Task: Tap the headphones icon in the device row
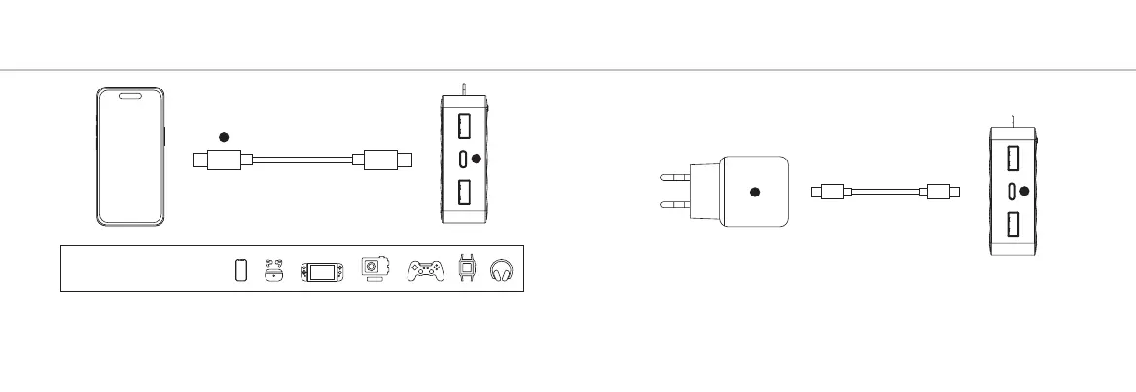[x=503, y=269]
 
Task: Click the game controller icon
[x=426, y=270]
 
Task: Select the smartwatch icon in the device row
[x=468, y=268]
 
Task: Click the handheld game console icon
[x=319, y=270]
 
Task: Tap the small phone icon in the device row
[x=242, y=269]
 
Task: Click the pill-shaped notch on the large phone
[x=130, y=96]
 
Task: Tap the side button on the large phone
[x=164, y=135]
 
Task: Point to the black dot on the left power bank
[x=476, y=159]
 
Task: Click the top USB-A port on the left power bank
[x=463, y=125]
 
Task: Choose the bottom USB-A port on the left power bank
[x=463, y=193]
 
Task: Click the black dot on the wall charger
[x=755, y=192]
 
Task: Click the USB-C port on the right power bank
[x=1012, y=191]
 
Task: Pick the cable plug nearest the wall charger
[x=832, y=191]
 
